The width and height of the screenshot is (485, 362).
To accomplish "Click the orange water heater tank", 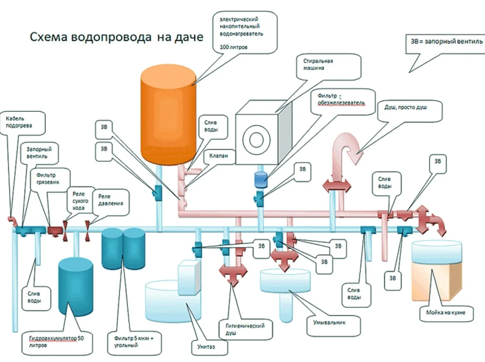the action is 168,114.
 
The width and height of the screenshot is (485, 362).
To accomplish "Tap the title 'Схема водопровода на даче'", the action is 116,37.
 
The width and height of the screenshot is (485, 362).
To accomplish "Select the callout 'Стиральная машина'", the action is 329,67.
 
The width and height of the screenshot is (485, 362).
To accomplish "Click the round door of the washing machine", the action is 256,140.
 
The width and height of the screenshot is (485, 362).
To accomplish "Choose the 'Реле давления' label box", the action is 111,202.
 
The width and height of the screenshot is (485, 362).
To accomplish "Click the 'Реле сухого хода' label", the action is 81,201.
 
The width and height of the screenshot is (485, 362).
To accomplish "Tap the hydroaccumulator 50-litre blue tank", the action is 76,287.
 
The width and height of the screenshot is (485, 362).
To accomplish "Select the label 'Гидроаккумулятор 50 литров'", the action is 57,342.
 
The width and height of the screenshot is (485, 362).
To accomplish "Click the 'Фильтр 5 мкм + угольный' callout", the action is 134,342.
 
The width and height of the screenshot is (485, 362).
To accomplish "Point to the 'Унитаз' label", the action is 206,347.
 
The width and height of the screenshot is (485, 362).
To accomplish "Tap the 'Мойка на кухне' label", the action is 446,313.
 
